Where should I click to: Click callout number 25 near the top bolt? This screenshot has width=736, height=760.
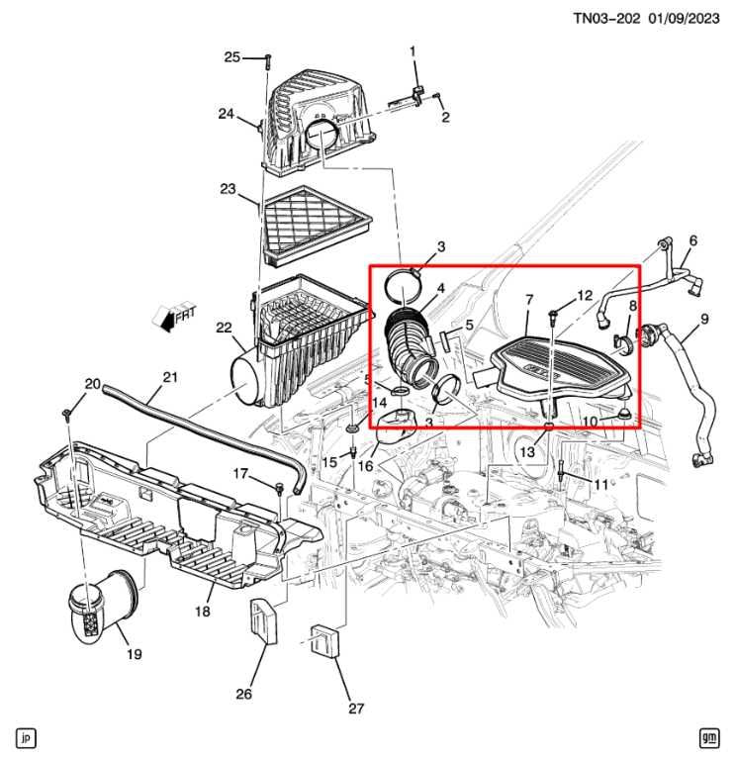point(231,57)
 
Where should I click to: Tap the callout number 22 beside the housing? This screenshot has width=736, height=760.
point(224,328)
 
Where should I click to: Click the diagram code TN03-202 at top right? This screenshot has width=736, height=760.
point(606,17)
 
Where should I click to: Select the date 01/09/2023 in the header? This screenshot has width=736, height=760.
point(684,17)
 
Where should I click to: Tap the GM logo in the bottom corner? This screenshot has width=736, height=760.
point(708,737)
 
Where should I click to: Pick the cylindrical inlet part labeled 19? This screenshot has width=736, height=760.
point(95,607)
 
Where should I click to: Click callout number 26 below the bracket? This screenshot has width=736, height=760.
point(243,694)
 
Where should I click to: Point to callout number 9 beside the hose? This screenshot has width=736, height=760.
point(704,319)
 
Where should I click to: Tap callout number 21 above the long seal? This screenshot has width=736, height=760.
point(169,377)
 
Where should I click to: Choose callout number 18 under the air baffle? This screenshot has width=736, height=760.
point(202,613)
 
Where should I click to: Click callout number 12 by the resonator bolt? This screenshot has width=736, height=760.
point(585,295)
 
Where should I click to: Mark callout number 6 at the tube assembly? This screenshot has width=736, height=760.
point(692,240)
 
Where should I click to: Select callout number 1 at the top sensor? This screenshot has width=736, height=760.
point(413,50)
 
